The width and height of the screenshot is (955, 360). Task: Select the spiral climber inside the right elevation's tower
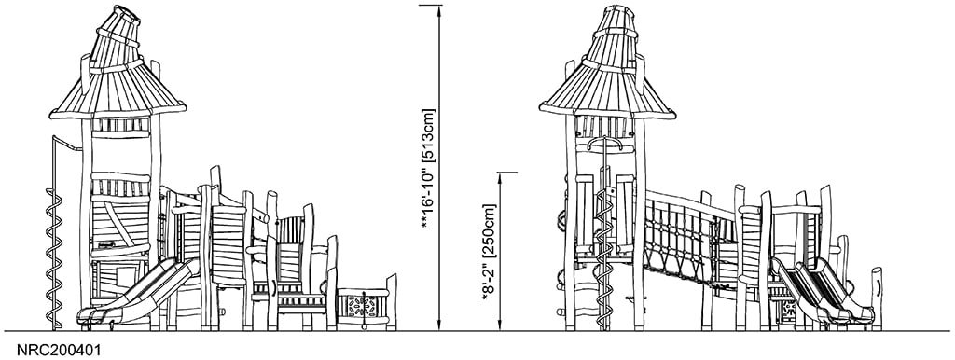[x=604, y=242]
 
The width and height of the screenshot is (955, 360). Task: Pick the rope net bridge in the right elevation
[x=685, y=238]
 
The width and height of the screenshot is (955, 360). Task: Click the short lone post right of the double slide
[x=876, y=294]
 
